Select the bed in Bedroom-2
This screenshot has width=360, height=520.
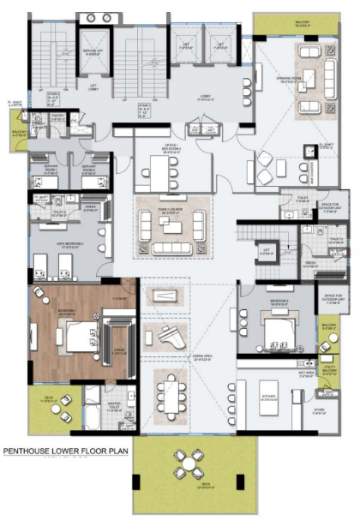(x=279, y=330)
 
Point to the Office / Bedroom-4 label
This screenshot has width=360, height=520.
(x=172, y=146)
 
